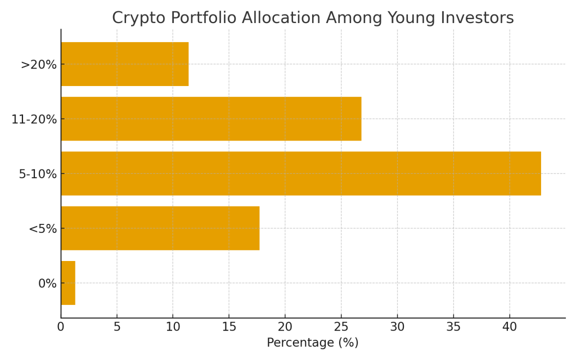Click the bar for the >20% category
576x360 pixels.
(x=124, y=64)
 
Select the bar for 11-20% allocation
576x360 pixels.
(x=211, y=119)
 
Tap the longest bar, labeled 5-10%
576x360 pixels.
(x=301, y=173)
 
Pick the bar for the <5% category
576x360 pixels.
(x=160, y=228)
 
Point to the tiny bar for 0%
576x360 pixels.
(x=68, y=283)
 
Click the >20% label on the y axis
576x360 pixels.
(x=39, y=65)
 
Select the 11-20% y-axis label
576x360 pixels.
(x=34, y=119)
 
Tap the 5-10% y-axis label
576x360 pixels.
(x=38, y=174)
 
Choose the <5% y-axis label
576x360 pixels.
(x=43, y=229)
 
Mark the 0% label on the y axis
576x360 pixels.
(x=47, y=283)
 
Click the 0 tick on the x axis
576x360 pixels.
(x=61, y=326)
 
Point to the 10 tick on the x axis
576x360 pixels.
(x=173, y=326)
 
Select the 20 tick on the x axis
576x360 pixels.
(x=285, y=326)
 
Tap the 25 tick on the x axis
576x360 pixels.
(x=341, y=326)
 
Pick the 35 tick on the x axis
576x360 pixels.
(x=453, y=326)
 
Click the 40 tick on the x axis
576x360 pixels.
(x=510, y=326)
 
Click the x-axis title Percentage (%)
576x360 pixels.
(x=313, y=343)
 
